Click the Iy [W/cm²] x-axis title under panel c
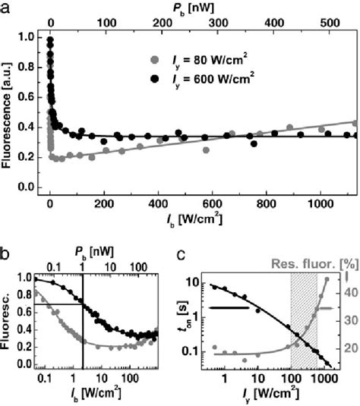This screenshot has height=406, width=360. coord(272,397)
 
